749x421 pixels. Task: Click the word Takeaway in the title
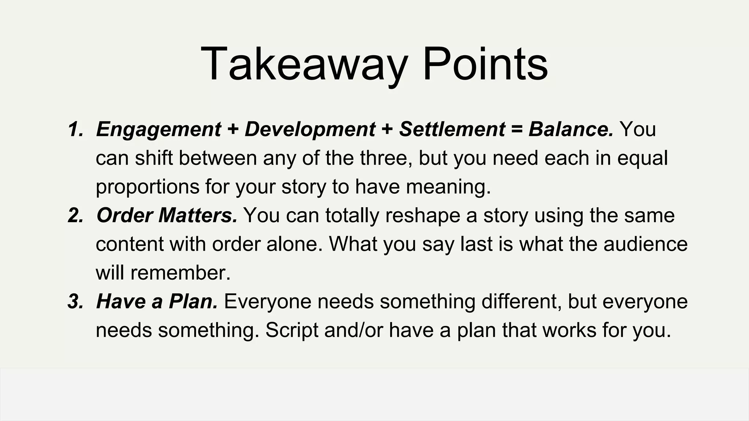[x=304, y=64]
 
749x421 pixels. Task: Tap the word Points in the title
[x=485, y=64]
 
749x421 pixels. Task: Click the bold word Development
[x=310, y=129]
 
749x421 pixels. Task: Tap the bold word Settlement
[x=452, y=129]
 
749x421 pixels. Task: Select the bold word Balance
[x=571, y=129]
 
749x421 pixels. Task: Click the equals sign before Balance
[x=517, y=129]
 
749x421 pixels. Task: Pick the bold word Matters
[x=198, y=215]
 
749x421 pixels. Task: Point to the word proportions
[x=147, y=187]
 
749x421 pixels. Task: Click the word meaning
[x=448, y=187]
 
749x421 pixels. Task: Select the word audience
[x=646, y=244]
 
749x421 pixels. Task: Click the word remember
[x=180, y=273]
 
